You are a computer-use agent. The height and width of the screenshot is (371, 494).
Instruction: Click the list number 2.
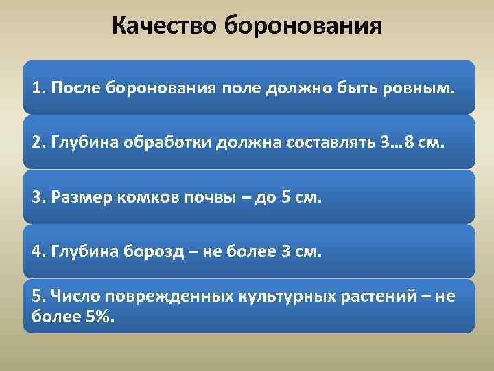(x=37, y=144)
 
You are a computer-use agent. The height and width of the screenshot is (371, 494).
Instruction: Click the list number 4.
(x=37, y=251)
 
